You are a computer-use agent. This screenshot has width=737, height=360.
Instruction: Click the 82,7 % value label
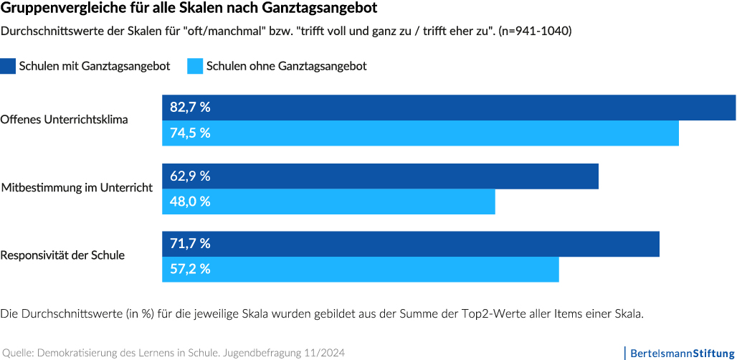click(190, 108)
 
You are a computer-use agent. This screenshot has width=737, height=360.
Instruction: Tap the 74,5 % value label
click(190, 133)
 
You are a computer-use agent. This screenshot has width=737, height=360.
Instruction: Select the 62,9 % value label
click(190, 176)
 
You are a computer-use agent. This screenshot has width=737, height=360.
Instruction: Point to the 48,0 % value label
click(190, 202)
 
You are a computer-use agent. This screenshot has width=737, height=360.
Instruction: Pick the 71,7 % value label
click(190, 244)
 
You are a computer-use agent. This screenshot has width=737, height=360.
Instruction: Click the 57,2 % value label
click(190, 270)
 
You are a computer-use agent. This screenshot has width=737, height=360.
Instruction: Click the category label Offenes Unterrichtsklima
click(65, 120)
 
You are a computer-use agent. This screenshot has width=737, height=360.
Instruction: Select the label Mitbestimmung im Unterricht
click(77, 188)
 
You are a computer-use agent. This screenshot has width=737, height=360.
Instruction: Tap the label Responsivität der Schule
click(63, 255)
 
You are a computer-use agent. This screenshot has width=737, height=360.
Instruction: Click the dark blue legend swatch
click(8, 66)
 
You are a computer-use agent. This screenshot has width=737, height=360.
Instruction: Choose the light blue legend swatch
click(194, 66)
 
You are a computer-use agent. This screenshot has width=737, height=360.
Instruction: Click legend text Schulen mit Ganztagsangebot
click(95, 66)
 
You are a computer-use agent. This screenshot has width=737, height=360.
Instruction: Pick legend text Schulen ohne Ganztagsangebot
click(286, 66)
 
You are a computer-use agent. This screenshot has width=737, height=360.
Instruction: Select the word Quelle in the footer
click(17, 353)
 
